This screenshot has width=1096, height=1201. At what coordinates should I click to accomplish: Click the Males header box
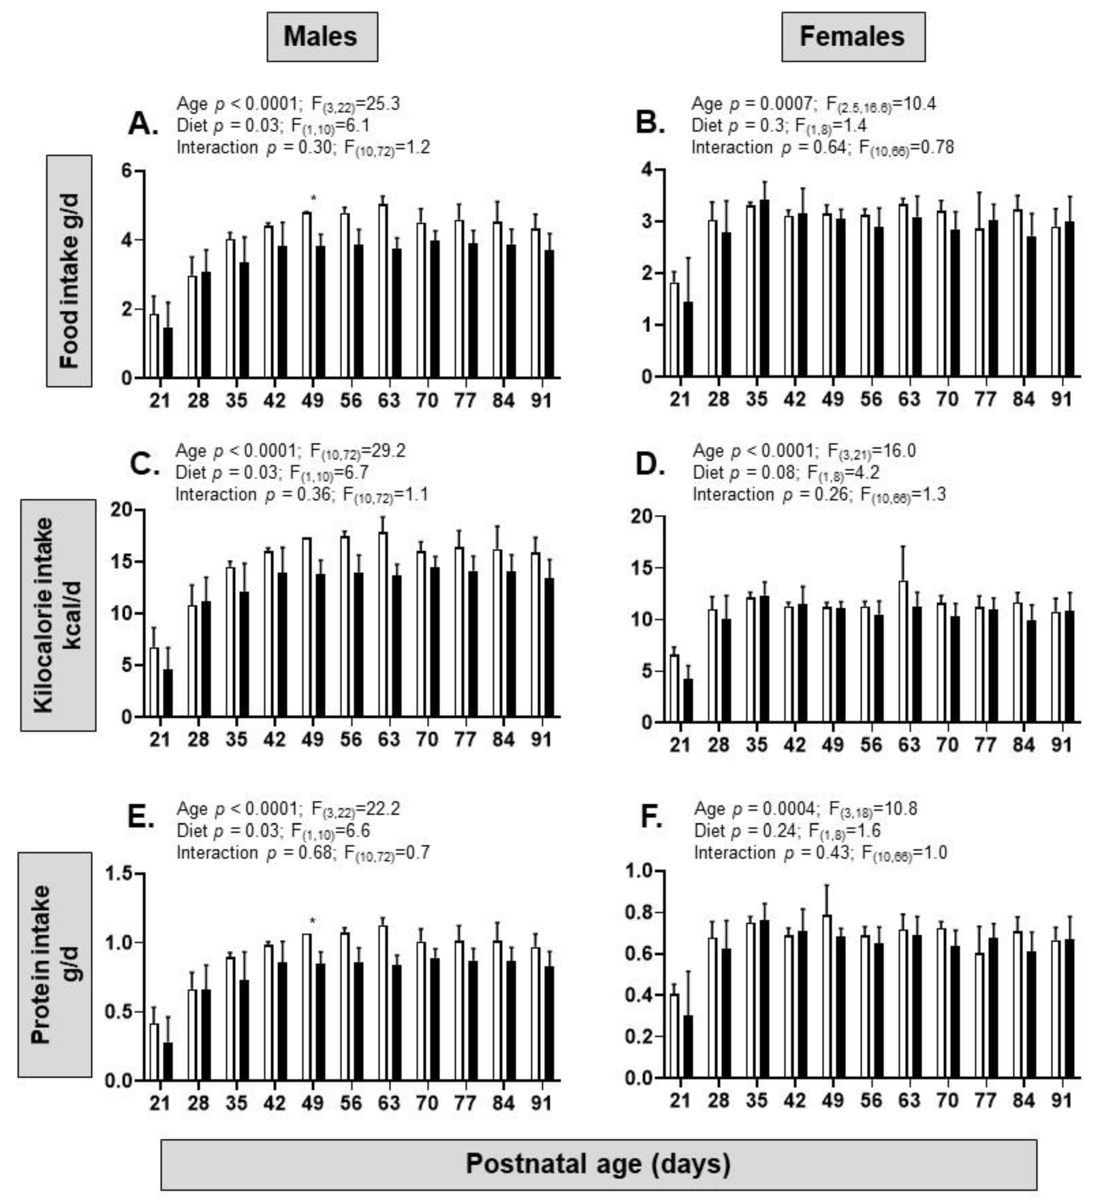click(x=322, y=37)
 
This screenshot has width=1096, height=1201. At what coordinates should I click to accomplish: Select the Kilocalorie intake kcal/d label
click(x=58, y=615)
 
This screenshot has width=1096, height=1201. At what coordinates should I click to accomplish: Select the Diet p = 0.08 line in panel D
click(x=785, y=472)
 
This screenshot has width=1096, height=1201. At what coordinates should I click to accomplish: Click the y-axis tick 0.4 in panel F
click(x=640, y=995)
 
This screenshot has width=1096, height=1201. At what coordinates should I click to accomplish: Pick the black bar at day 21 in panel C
click(x=168, y=693)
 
